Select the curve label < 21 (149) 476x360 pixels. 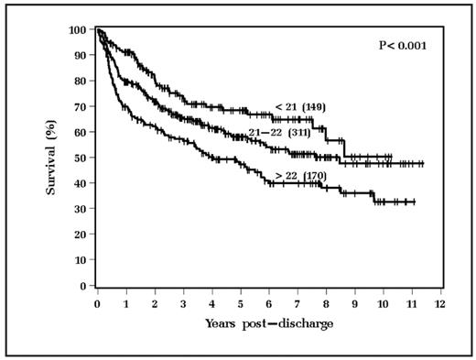point(299,107)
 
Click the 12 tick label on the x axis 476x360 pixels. point(440,303)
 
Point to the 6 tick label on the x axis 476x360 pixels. point(268,303)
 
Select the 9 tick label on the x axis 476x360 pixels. point(354,303)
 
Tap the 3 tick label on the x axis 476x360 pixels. point(183,303)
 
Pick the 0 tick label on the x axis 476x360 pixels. point(97,303)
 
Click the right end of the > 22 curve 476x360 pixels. point(415,202)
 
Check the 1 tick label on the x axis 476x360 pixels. point(125,303)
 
